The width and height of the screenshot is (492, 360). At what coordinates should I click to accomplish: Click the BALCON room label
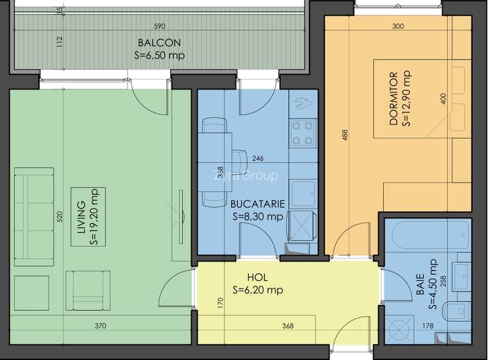tap(159, 42)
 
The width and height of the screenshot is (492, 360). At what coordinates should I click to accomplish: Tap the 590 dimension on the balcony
tap(159, 26)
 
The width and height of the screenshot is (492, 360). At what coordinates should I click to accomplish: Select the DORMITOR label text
tap(393, 99)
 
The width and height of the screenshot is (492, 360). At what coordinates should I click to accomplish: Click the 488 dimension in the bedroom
tap(345, 135)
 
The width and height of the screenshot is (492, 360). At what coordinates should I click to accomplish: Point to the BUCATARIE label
tap(258, 204)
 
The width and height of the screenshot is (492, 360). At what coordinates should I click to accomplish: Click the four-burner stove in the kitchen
tap(302, 132)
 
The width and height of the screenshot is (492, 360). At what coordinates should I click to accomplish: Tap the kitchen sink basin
tap(303, 194)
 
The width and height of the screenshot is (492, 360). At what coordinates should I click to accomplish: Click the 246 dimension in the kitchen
tap(258, 159)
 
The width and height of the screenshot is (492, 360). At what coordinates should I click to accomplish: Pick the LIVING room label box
tap(88, 217)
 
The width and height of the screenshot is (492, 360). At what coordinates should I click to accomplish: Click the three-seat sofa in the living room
tap(34, 217)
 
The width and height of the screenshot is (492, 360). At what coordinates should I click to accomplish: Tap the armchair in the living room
tap(88, 290)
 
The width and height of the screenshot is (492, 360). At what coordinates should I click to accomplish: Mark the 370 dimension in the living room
tap(100, 326)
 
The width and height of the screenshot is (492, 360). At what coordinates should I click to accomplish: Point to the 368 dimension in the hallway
tap(288, 326)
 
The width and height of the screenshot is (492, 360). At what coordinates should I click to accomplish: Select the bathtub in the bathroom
tap(428, 235)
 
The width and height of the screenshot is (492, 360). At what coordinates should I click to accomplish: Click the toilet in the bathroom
tap(456, 311)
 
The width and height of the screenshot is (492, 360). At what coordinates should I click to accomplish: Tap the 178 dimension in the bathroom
tap(427, 326)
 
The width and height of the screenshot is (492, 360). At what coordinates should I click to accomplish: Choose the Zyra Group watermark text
tap(246, 176)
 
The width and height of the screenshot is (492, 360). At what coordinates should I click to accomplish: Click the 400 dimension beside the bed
tap(443, 98)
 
